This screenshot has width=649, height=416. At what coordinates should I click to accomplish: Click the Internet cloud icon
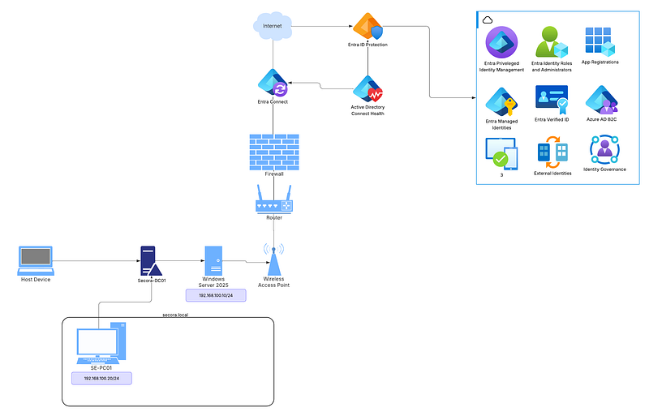click(x=273, y=26)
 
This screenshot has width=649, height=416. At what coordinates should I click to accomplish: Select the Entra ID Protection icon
click(x=367, y=27)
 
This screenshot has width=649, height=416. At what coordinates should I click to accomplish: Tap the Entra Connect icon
click(x=273, y=83)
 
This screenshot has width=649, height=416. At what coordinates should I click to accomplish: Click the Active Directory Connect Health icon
click(x=367, y=88)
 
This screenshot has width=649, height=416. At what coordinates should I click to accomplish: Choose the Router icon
click(x=273, y=198)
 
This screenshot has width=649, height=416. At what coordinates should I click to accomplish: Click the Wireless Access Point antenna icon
click(x=273, y=258)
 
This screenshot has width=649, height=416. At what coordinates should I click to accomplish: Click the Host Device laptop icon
click(x=37, y=259)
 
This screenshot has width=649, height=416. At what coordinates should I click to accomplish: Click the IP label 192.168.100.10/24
click(x=216, y=296)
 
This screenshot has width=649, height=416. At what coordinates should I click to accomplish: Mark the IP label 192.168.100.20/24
click(x=101, y=379)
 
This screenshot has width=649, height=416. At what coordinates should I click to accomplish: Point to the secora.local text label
click(x=175, y=314)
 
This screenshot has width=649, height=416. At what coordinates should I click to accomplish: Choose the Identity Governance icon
click(x=604, y=150)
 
